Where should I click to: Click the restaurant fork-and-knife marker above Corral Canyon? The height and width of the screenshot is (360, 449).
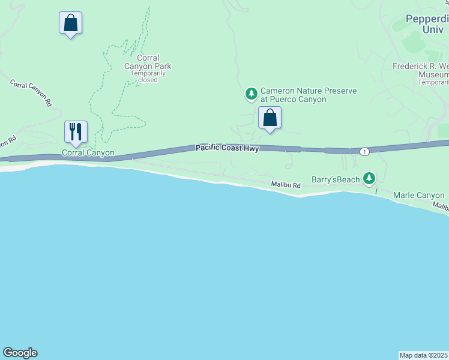[x=76, y=131]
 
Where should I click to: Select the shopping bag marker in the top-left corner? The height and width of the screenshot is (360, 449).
[x=70, y=23]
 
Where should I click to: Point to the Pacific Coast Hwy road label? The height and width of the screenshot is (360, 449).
[x=227, y=148]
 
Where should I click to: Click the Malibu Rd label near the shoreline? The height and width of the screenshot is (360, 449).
[x=285, y=185]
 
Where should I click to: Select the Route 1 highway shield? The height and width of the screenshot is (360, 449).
[x=364, y=152]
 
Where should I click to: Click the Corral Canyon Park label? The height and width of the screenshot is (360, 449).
[x=148, y=62]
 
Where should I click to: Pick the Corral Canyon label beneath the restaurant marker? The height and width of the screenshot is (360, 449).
[x=88, y=153]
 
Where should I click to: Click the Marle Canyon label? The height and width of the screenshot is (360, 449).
[x=418, y=195]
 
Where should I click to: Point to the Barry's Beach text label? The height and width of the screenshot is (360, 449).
[x=336, y=179]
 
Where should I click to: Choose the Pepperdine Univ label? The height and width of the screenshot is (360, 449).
[x=427, y=23]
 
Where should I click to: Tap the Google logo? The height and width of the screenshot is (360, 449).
[x=20, y=353]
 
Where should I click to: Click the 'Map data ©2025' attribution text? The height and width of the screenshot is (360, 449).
[x=424, y=355]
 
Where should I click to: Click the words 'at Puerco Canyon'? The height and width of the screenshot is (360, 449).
[x=294, y=99]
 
